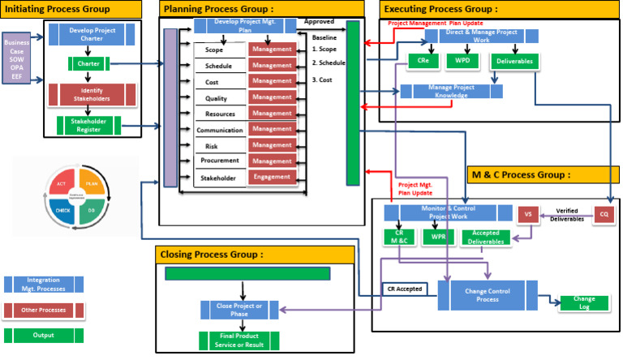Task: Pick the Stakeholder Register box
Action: pyautogui.click(x=88, y=126)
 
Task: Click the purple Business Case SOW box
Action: pyautogui.click(x=15, y=58)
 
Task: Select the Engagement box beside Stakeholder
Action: pyautogui.click(x=272, y=178)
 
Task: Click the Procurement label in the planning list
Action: pyautogui.click(x=218, y=161)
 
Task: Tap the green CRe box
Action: pyautogui.click(x=423, y=61)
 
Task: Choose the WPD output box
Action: pyautogui.click(x=462, y=61)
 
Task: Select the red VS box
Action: pyautogui.click(x=528, y=214)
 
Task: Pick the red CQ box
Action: pyautogui.click(x=604, y=214)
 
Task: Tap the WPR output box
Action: pyautogui.click(x=438, y=237)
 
